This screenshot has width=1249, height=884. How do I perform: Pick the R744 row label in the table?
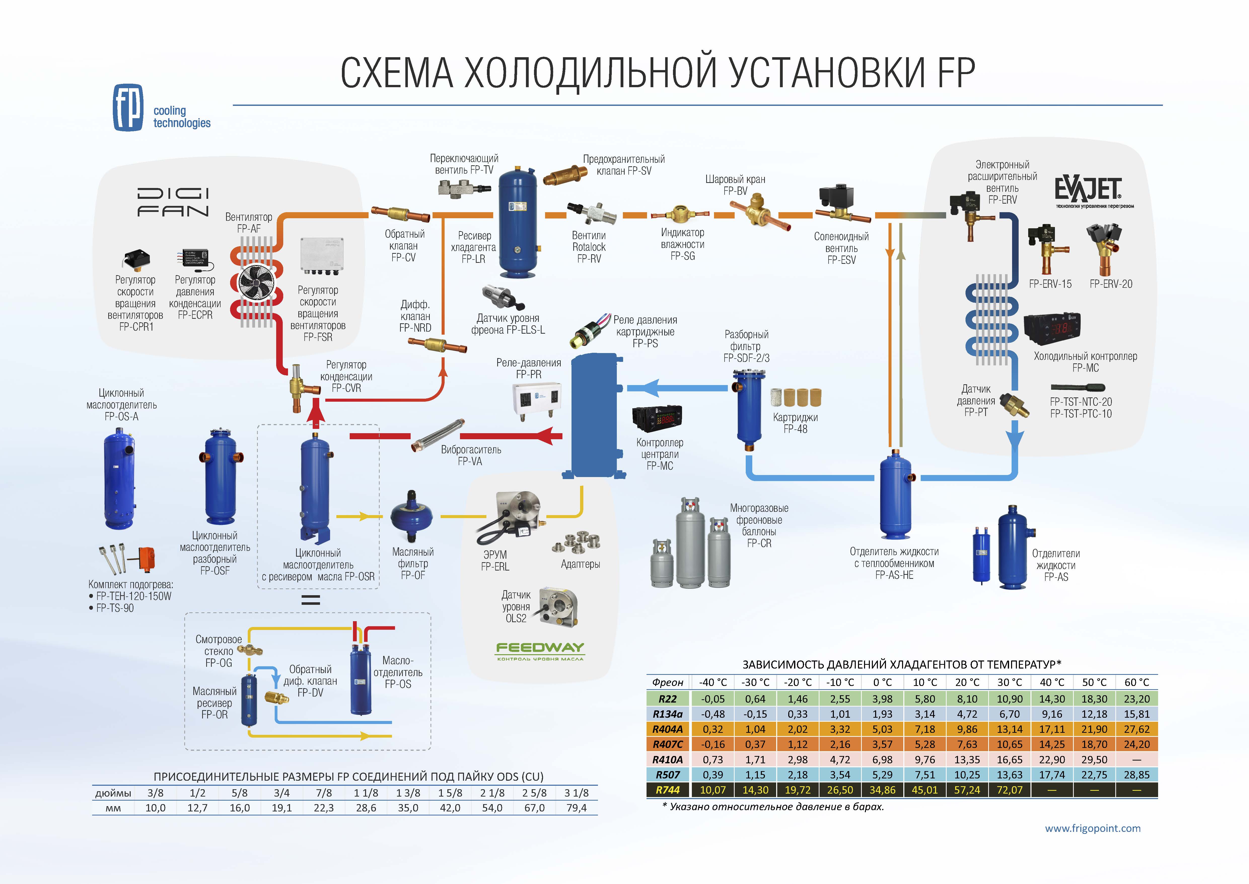point(667,790)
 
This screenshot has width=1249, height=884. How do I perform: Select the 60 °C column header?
point(1136,682)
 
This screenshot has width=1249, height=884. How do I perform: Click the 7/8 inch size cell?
point(324,793)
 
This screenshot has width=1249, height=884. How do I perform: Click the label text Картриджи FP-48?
point(795,423)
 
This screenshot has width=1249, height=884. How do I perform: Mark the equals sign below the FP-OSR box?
point(311,600)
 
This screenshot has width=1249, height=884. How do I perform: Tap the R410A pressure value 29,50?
point(1094,759)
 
